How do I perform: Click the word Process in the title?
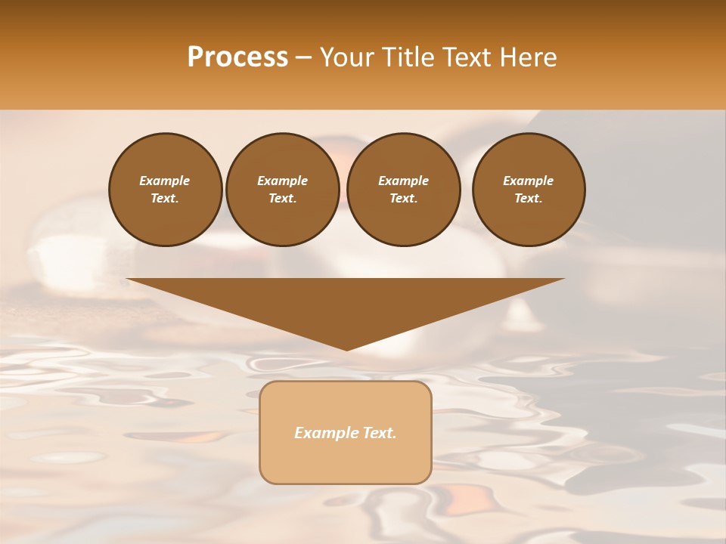(x=237, y=57)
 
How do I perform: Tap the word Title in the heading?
(x=407, y=57)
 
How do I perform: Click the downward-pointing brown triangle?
(x=346, y=302)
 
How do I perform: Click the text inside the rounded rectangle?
(x=346, y=433)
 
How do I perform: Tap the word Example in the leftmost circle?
(x=165, y=181)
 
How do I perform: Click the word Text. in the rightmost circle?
(x=529, y=199)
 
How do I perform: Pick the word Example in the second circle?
(x=282, y=181)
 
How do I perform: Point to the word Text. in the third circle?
(x=403, y=199)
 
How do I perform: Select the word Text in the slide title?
(x=467, y=57)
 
